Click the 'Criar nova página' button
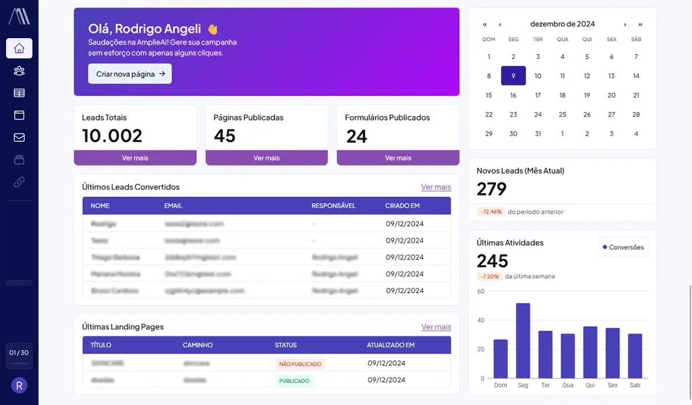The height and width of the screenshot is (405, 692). [x=130, y=74]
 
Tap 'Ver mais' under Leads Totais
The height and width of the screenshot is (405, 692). [x=135, y=158]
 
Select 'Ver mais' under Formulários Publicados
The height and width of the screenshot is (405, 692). [x=398, y=158]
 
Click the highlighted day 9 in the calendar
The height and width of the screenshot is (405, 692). [x=513, y=76]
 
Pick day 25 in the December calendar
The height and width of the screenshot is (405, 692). [x=562, y=114]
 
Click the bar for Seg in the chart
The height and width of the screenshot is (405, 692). [x=523, y=341]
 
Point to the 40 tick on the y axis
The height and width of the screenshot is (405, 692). [x=481, y=320]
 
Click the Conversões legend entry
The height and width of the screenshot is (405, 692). [x=623, y=247]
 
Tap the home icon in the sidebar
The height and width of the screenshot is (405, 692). [x=19, y=48]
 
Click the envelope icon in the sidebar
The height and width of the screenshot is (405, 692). [x=19, y=137]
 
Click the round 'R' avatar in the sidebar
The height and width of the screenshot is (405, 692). [x=19, y=385]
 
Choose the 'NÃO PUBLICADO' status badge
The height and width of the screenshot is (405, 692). [x=300, y=363]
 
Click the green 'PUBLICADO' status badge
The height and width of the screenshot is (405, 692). [x=294, y=381]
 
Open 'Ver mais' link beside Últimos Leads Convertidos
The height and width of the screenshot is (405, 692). [x=436, y=187]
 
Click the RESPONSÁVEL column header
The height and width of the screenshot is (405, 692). [x=333, y=206]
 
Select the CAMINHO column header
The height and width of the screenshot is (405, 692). [x=198, y=345]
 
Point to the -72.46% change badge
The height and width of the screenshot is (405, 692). [x=490, y=212]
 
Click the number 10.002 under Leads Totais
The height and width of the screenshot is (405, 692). [x=112, y=136]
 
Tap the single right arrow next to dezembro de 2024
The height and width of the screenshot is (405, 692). [x=625, y=24]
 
